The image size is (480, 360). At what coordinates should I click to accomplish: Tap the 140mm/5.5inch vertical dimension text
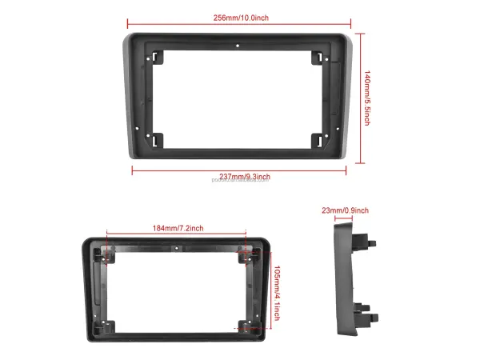tap(367, 98)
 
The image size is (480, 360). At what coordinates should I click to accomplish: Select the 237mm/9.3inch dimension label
tap(244, 176)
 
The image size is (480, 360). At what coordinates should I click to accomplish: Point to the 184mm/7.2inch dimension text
tap(178, 229)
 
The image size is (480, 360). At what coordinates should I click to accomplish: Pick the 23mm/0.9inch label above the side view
tap(345, 210)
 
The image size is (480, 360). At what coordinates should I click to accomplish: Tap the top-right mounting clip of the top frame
tap(318, 58)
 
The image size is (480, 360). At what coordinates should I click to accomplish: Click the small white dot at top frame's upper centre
tap(238, 47)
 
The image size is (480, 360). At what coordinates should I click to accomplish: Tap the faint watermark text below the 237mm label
tap(240, 182)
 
